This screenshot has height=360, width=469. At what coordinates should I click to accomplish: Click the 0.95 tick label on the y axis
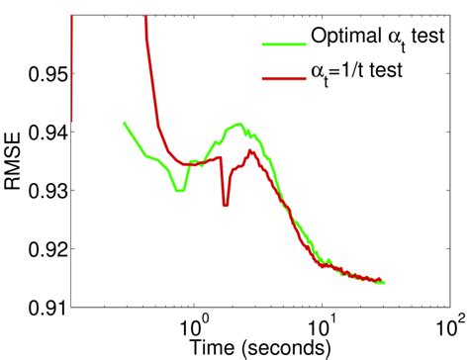pyautogui.click(x=46, y=74)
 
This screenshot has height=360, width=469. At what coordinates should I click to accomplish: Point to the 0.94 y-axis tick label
pyautogui.click(x=46, y=132)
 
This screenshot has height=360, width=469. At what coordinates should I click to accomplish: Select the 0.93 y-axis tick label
pyautogui.click(x=46, y=189)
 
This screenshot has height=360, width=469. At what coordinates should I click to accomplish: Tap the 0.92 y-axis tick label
pyautogui.click(x=46, y=246)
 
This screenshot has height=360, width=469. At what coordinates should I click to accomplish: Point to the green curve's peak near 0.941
pyautogui.click(x=237, y=124)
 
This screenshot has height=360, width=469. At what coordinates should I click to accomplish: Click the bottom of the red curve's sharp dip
pyautogui.click(x=226, y=205)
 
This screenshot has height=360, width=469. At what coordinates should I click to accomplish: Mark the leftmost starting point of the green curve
pyautogui.click(x=123, y=123)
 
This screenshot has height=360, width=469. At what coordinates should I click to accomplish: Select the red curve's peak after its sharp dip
pyautogui.click(x=251, y=151)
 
